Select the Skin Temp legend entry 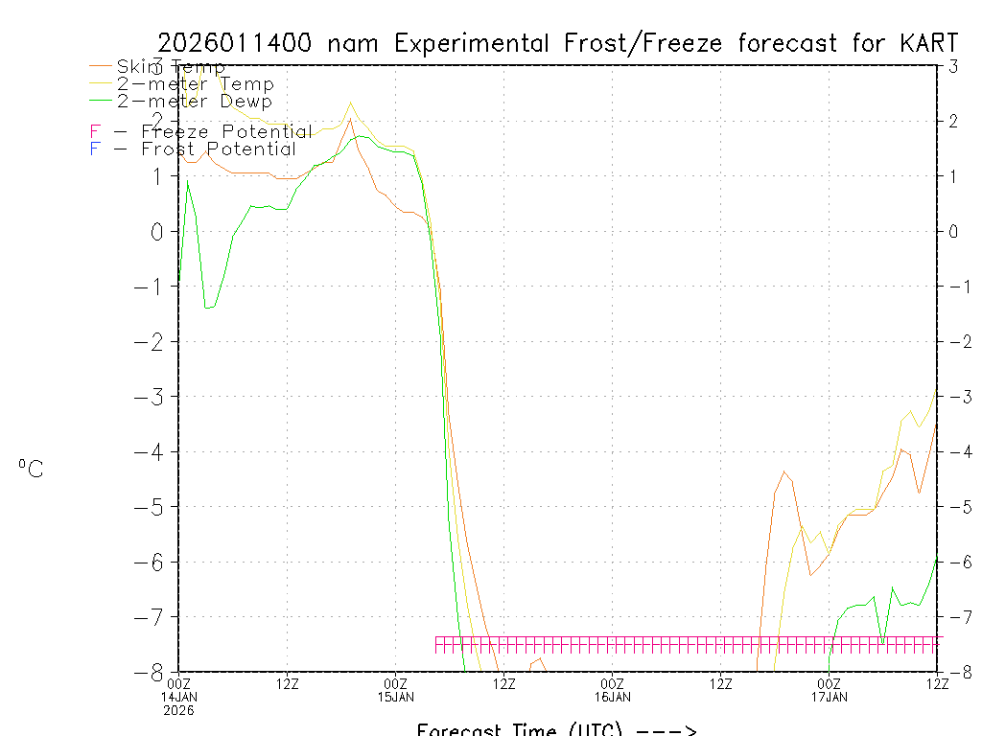[x=171, y=66]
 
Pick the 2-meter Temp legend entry [x=195, y=84]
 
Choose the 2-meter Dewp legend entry [x=194, y=101]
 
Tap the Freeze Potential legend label [x=226, y=131]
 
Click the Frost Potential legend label [x=219, y=149]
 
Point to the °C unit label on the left [x=31, y=469]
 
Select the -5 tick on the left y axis [x=152, y=506]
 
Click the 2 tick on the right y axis [x=953, y=121]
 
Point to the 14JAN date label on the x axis [x=179, y=697]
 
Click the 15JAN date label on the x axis [x=396, y=697]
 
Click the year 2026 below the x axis [x=178, y=711]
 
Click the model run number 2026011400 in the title [x=238, y=43]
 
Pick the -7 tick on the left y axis [x=152, y=616]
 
